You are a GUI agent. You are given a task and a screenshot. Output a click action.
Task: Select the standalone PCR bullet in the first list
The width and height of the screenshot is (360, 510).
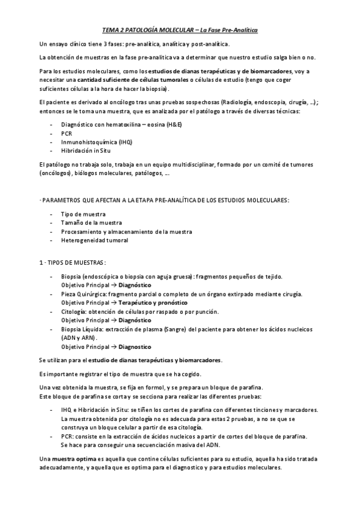point(67,133)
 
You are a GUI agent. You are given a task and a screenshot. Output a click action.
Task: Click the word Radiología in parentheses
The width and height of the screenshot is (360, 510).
point(240,102)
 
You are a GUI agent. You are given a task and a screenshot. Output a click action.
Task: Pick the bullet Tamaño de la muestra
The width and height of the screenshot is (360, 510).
point(91,223)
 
